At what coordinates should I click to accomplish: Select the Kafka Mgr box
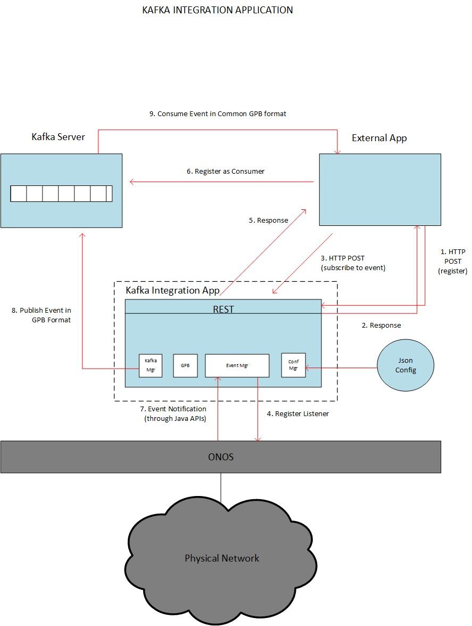tap(150, 365)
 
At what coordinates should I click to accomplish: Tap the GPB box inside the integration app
tap(185, 365)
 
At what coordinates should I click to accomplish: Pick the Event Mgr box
tap(237, 365)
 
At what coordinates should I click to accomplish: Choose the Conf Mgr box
tap(293, 365)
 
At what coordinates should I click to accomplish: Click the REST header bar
tap(223, 308)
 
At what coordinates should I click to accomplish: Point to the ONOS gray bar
tap(220, 457)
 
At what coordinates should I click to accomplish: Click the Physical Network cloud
tap(222, 558)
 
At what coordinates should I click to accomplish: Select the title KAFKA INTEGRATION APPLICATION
tap(217, 10)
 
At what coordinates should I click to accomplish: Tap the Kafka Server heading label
tap(58, 137)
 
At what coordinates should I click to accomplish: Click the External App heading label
tap(379, 138)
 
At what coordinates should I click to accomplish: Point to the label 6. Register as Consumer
tap(225, 172)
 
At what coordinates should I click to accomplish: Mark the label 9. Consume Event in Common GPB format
tap(218, 113)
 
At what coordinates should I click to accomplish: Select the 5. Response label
tap(268, 220)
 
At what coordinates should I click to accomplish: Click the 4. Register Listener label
tap(297, 413)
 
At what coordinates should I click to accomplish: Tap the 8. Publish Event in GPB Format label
tap(42, 315)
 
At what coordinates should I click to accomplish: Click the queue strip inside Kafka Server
tap(61, 193)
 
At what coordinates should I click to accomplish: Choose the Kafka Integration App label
tap(172, 290)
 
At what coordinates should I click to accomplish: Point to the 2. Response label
tap(381, 325)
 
